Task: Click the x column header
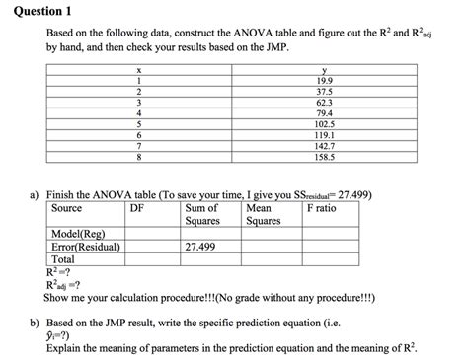pos(140,70)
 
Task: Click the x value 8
pos(140,156)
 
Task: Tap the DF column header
pos(139,208)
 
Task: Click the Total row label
pos(63,259)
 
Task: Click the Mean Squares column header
pos(264,214)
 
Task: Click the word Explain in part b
pos(80,348)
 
